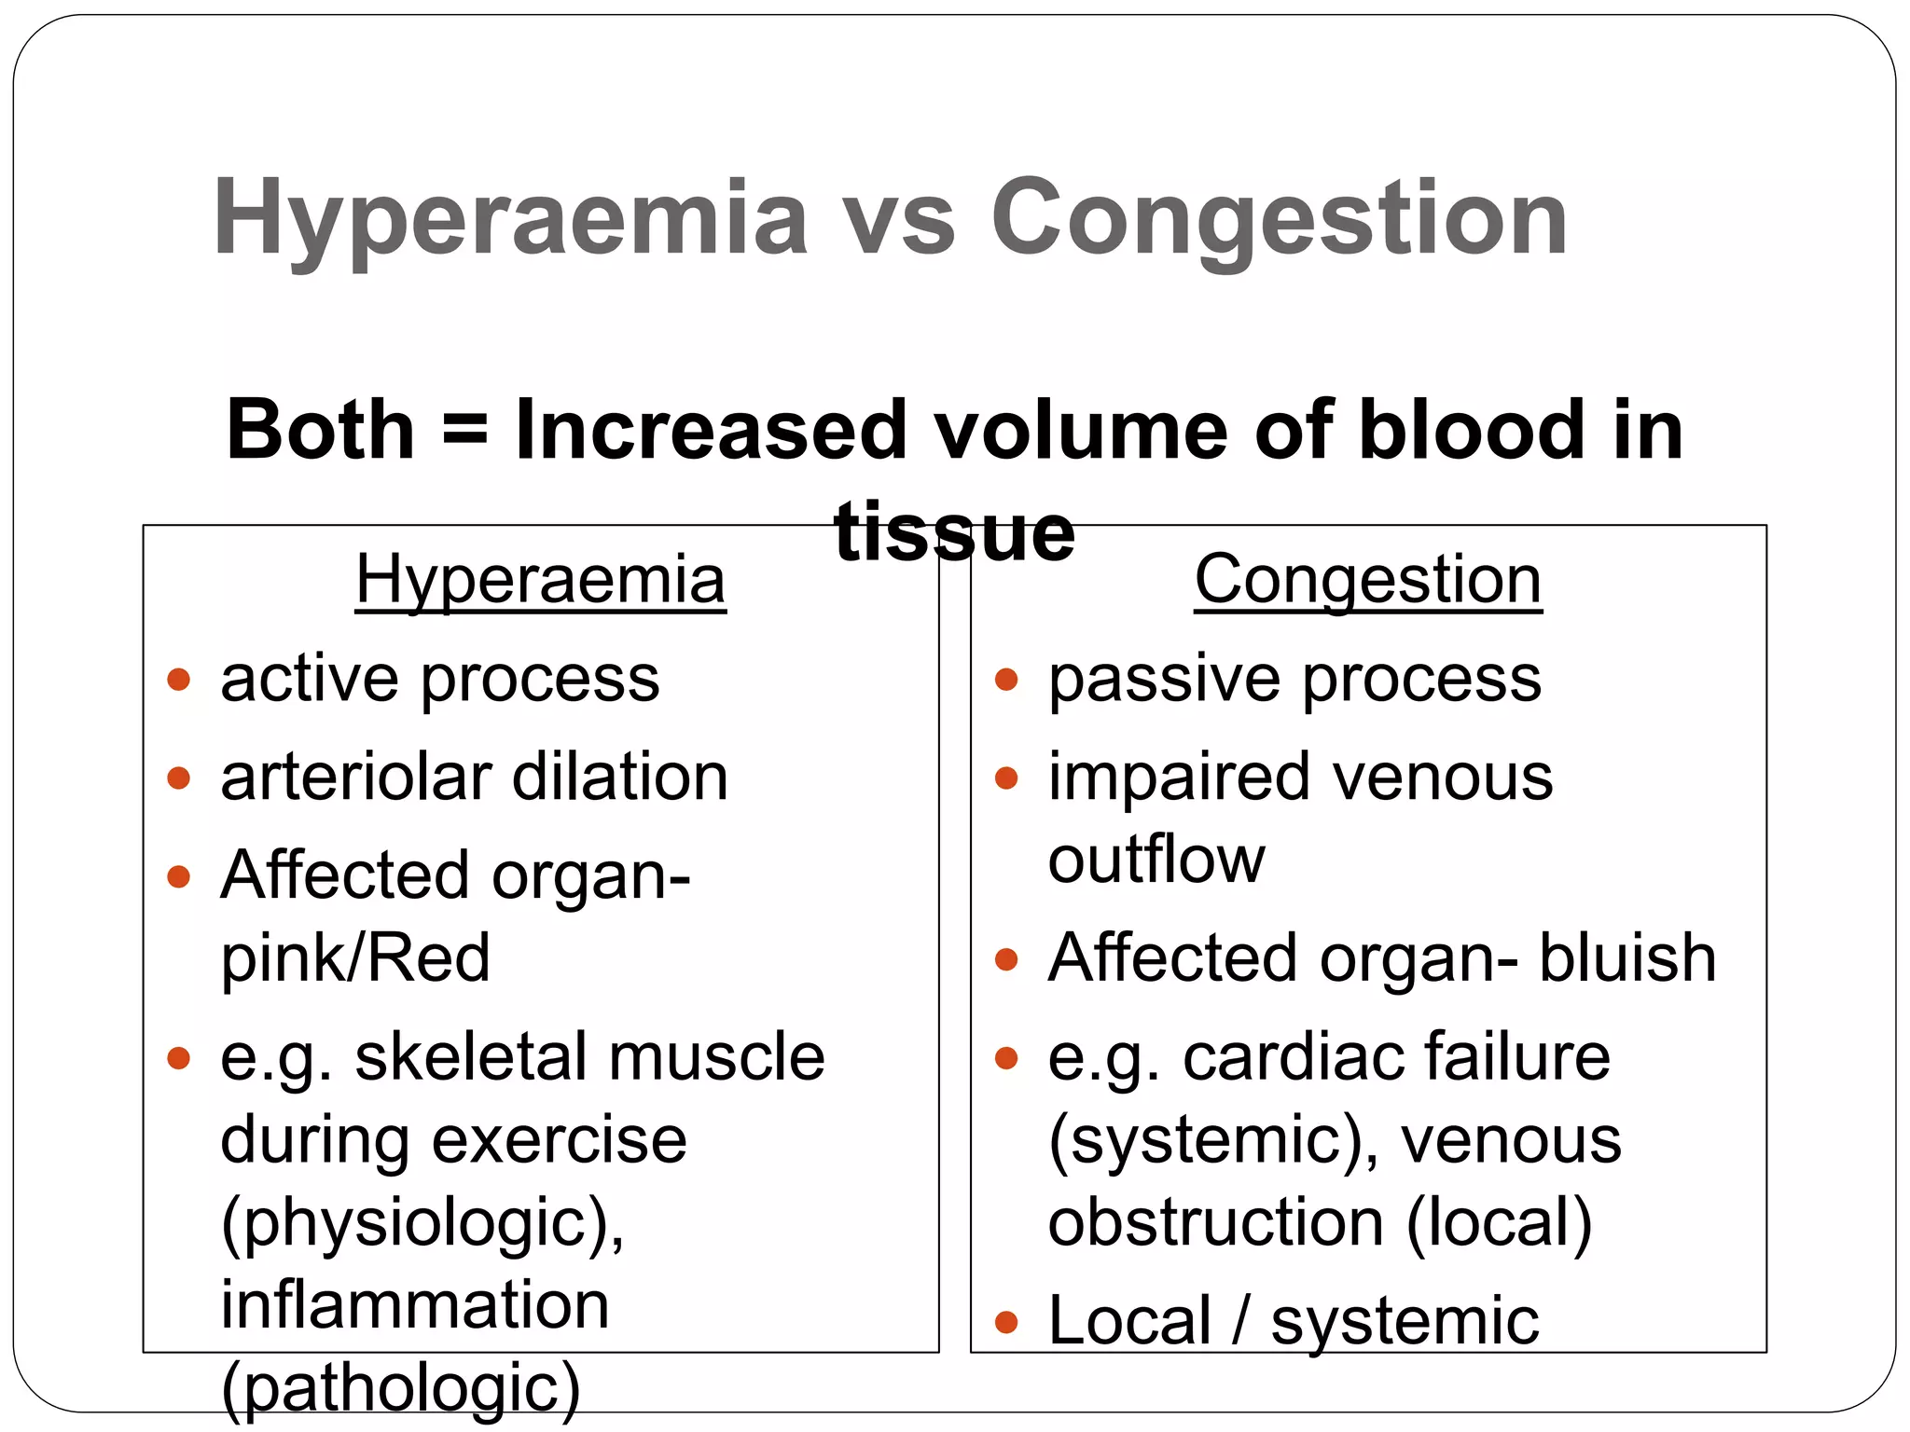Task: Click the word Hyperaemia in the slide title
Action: coord(510,220)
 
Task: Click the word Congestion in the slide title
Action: coord(1279,220)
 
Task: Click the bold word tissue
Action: coord(954,532)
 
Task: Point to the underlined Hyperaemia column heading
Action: coord(540,580)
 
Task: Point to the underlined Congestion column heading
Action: coord(1367,580)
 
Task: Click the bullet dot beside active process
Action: coord(178,679)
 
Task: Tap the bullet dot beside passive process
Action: coord(1005,679)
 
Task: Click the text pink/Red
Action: coord(354,957)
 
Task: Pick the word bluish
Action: coord(1626,957)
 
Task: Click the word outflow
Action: coord(1156,859)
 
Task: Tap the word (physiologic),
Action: coord(422,1223)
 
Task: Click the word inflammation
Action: coord(415,1304)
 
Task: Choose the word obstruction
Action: coord(1215,1222)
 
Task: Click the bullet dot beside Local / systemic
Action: coord(1005,1321)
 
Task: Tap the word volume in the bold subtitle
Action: coord(1081,431)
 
